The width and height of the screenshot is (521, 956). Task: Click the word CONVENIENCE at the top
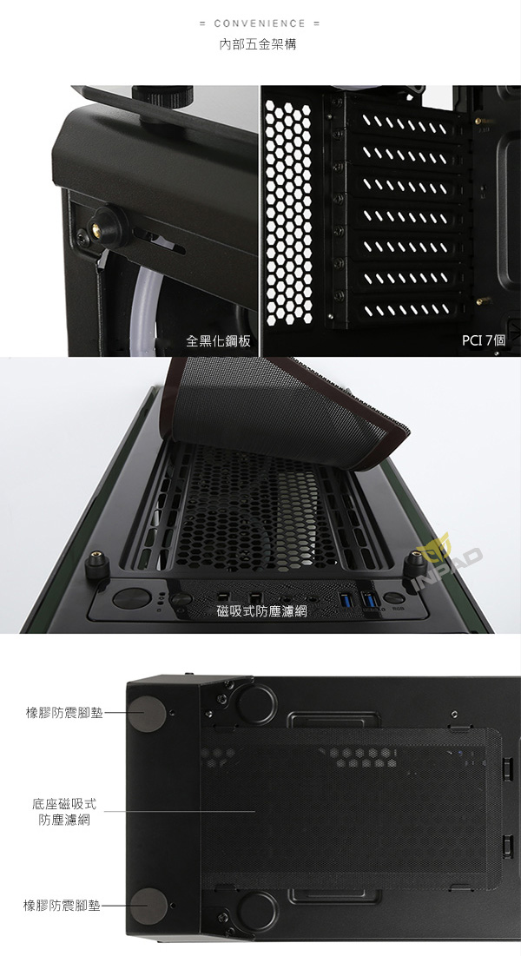click(x=260, y=23)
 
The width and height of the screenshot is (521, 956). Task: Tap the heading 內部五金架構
click(x=258, y=44)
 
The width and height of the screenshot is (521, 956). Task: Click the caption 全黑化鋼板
click(x=219, y=341)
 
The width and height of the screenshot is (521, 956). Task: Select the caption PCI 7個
click(x=484, y=340)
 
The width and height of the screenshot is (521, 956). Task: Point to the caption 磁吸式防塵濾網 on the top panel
click(x=262, y=611)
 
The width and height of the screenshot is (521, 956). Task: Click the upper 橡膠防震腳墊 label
click(x=64, y=713)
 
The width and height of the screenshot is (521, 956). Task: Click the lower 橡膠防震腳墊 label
click(x=62, y=906)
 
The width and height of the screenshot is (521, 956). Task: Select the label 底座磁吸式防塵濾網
click(x=64, y=812)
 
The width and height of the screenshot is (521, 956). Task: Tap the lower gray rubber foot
click(x=148, y=905)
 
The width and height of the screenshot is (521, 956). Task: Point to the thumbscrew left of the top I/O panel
click(x=97, y=566)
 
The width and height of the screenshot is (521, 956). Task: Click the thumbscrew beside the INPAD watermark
click(x=415, y=565)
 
